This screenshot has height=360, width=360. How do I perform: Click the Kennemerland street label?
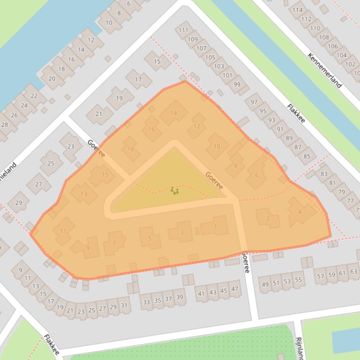[x=324, y=70]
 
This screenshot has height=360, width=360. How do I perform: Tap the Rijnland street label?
[x=299, y=348]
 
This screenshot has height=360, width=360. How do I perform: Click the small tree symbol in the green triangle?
[x=174, y=190]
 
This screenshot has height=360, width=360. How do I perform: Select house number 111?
[x=183, y=30]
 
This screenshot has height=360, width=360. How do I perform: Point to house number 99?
[x=237, y=85]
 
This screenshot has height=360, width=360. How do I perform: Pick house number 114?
[x=297, y=10]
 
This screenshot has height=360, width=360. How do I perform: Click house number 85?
[x=307, y=156]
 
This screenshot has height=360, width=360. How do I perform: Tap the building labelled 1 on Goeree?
[x=215, y=227]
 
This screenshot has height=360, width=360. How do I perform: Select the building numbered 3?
[x=182, y=232]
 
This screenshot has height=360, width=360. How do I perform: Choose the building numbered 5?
[x=150, y=238]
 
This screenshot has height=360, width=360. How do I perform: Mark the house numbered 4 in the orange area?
[x=300, y=212]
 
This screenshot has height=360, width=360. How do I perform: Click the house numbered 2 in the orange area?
[x=267, y=218]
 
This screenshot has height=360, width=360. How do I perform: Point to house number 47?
[x=235, y=289]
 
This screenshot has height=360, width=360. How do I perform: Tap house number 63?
[x=353, y=272]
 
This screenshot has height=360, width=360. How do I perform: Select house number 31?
[x=124, y=305]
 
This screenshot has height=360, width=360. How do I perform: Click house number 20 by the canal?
[x=51, y=78]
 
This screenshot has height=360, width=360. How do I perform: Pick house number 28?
[x=5, y=125]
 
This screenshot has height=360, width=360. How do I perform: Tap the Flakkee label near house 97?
[x=296, y=113]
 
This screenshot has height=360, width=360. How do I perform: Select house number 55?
[x=297, y=280]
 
